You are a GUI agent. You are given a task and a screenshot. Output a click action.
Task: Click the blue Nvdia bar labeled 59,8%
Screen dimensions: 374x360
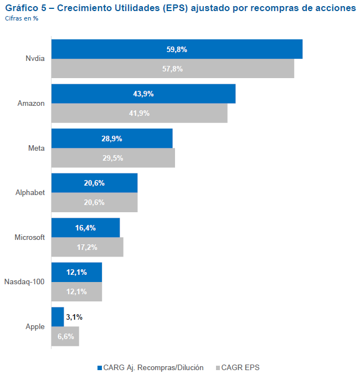[x=177, y=49]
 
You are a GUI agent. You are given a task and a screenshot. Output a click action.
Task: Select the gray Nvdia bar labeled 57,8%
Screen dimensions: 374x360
[x=172, y=69]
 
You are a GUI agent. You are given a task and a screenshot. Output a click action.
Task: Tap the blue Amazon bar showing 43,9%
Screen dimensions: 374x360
[x=143, y=94]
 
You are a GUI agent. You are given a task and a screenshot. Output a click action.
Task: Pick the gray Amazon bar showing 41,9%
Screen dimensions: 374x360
[x=139, y=113]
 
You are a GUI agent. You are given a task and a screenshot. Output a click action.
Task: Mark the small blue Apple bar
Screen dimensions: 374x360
[x=58, y=317]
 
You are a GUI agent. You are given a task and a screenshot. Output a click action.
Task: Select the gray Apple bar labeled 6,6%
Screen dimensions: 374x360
[x=65, y=336]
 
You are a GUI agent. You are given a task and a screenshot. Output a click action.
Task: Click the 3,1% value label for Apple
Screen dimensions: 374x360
[x=74, y=317]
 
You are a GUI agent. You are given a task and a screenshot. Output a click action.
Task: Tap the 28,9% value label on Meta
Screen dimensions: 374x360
[x=112, y=139]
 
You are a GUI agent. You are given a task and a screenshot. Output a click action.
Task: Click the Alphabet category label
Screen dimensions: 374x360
[x=30, y=192]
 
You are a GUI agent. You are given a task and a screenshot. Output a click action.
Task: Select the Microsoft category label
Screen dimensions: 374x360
[x=29, y=237]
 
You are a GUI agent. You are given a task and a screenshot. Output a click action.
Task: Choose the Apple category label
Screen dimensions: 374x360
[x=35, y=326]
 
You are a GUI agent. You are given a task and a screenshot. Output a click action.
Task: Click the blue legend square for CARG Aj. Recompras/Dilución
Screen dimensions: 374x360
[x=100, y=367]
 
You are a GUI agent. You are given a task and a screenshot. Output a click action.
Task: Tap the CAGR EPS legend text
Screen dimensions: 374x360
[x=245, y=367]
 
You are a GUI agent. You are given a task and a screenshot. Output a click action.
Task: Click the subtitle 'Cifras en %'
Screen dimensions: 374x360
[x=22, y=18]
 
